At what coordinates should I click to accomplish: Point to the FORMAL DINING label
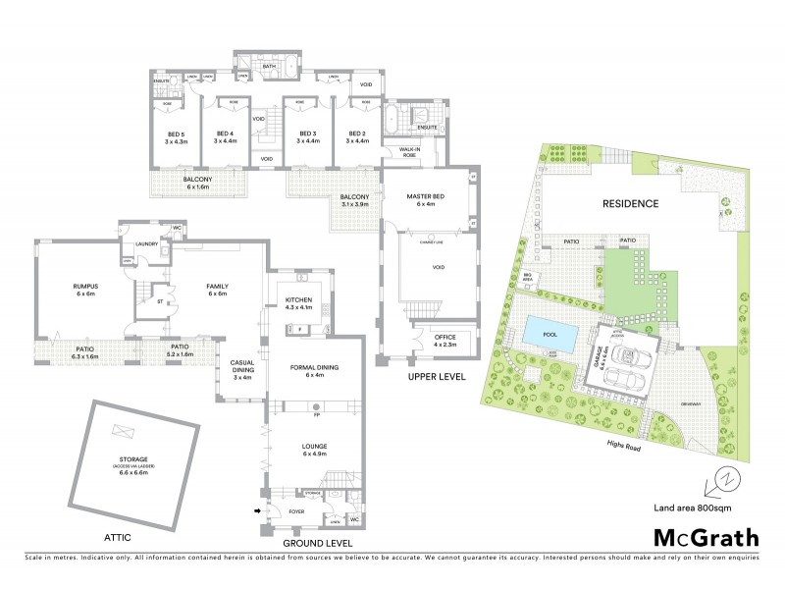[x=314, y=370]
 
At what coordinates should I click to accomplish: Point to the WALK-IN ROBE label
[x=409, y=152]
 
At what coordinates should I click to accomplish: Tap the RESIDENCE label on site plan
[x=630, y=203]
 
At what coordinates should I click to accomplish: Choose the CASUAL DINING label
[x=242, y=367]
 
